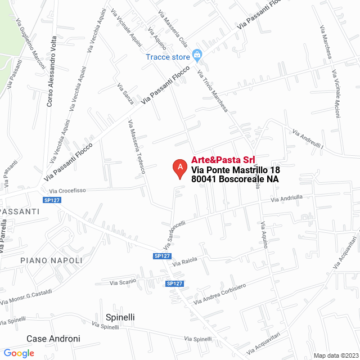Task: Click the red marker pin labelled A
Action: click(179, 168)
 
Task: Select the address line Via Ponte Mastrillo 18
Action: click(236, 170)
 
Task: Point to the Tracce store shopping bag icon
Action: click(197, 55)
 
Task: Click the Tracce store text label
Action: click(168, 57)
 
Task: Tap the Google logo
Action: click(19, 353)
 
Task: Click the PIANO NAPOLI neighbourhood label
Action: click(51, 260)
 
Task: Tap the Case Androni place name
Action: click(53, 339)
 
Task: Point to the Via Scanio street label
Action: click(123, 281)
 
